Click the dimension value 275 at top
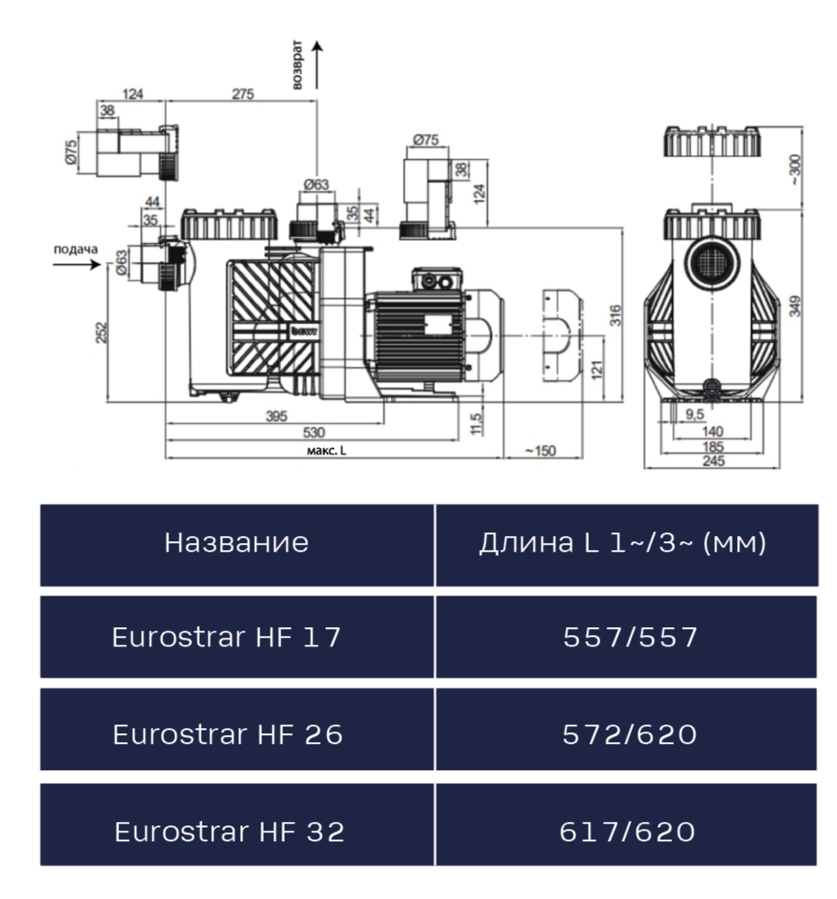244,94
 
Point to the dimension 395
276,416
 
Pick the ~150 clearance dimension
540,450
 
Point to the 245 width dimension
712,462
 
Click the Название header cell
237,543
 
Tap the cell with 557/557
629,638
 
